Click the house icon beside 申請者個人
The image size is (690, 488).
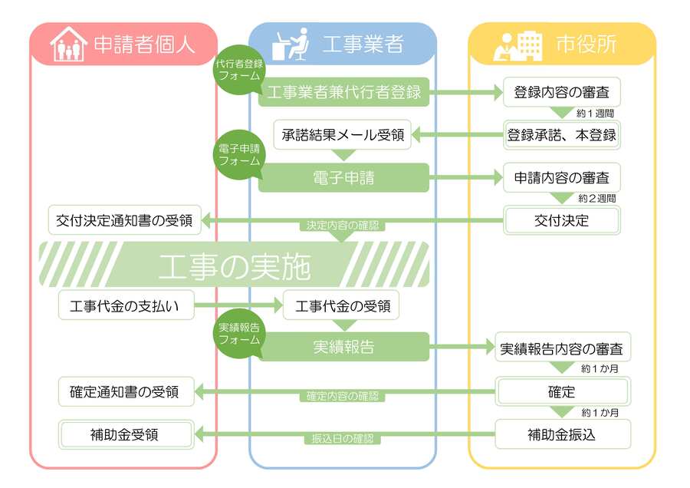tap(67, 45)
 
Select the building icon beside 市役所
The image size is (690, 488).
tap(518, 44)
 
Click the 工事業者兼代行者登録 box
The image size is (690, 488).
tap(343, 93)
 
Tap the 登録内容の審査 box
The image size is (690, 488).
tap(561, 93)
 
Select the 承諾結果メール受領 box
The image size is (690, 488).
tap(343, 135)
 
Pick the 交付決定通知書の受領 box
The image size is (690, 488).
tap(124, 220)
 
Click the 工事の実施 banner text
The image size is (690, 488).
tap(234, 265)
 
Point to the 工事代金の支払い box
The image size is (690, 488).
tap(124, 306)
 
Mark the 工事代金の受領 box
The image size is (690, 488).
tap(342, 306)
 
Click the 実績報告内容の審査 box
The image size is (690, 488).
tap(562, 348)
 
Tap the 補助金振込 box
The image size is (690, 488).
tap(562, 434)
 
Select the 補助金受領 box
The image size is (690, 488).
tap(124, 434)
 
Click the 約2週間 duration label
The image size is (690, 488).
tap(597, 199)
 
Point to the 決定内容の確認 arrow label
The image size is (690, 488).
tap(342, 226)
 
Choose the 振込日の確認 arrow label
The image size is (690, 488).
tap(342, 440)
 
